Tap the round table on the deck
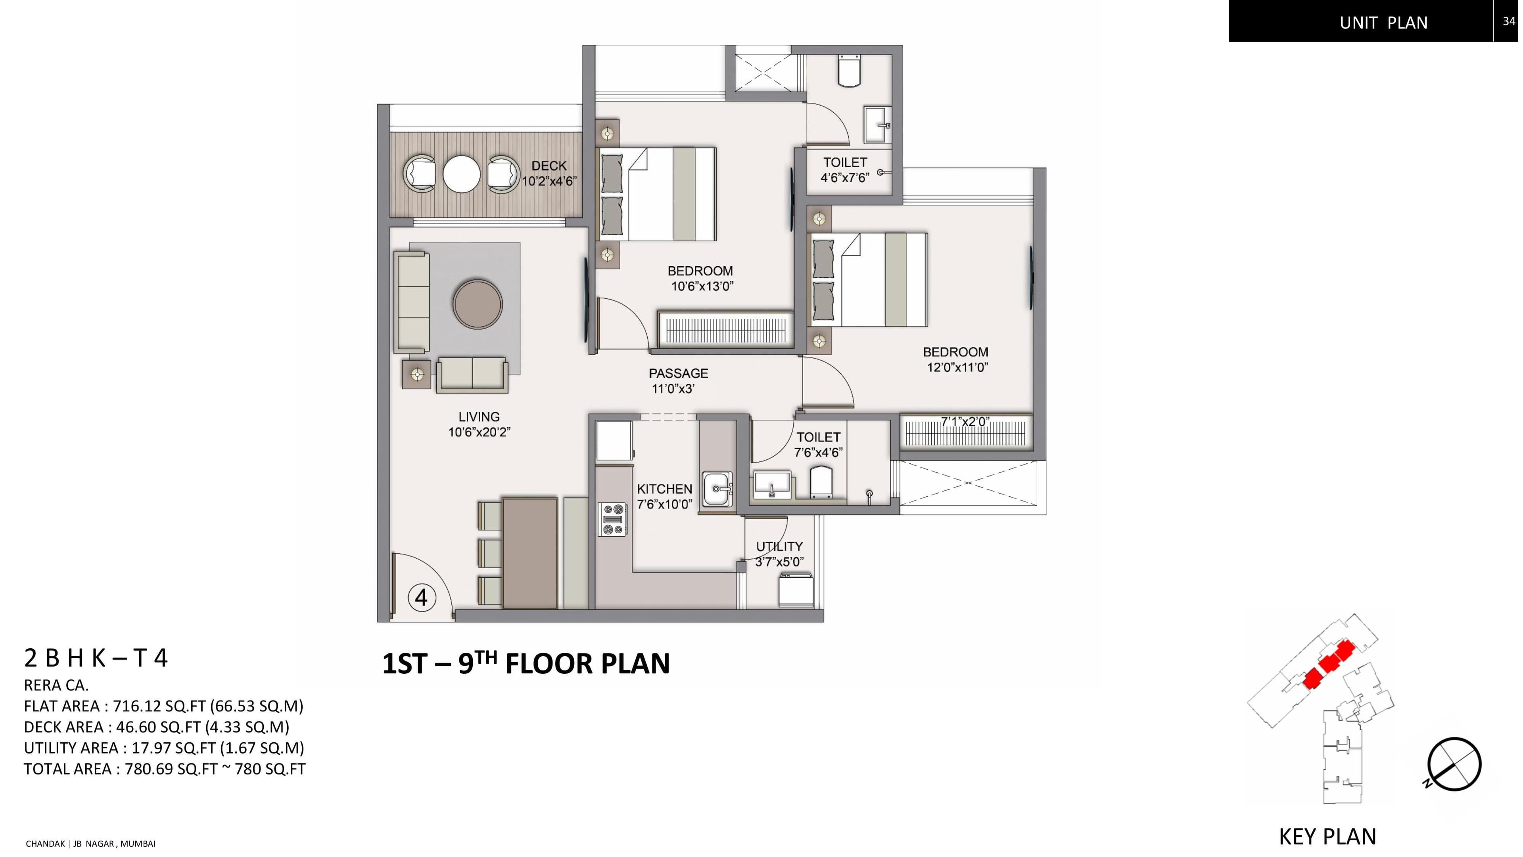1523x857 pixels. (x=461, y=173)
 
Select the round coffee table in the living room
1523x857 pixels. (x=478, y=304)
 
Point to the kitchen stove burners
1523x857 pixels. (x=612, y=518)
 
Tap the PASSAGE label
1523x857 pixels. (x=678, y=373)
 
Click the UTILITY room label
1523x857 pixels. (x=779, y=546)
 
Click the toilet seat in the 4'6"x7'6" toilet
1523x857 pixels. (x=850, y=71)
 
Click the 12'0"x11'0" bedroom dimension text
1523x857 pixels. (x=957, y=367)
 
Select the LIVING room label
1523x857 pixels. (x=479, y=417)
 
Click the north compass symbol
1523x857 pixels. (x=1454, y=764)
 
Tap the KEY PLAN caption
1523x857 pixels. (x=1327, y=837)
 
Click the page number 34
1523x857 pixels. (x=1508, y=21)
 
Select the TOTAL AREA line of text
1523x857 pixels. (x=164, y=769)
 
